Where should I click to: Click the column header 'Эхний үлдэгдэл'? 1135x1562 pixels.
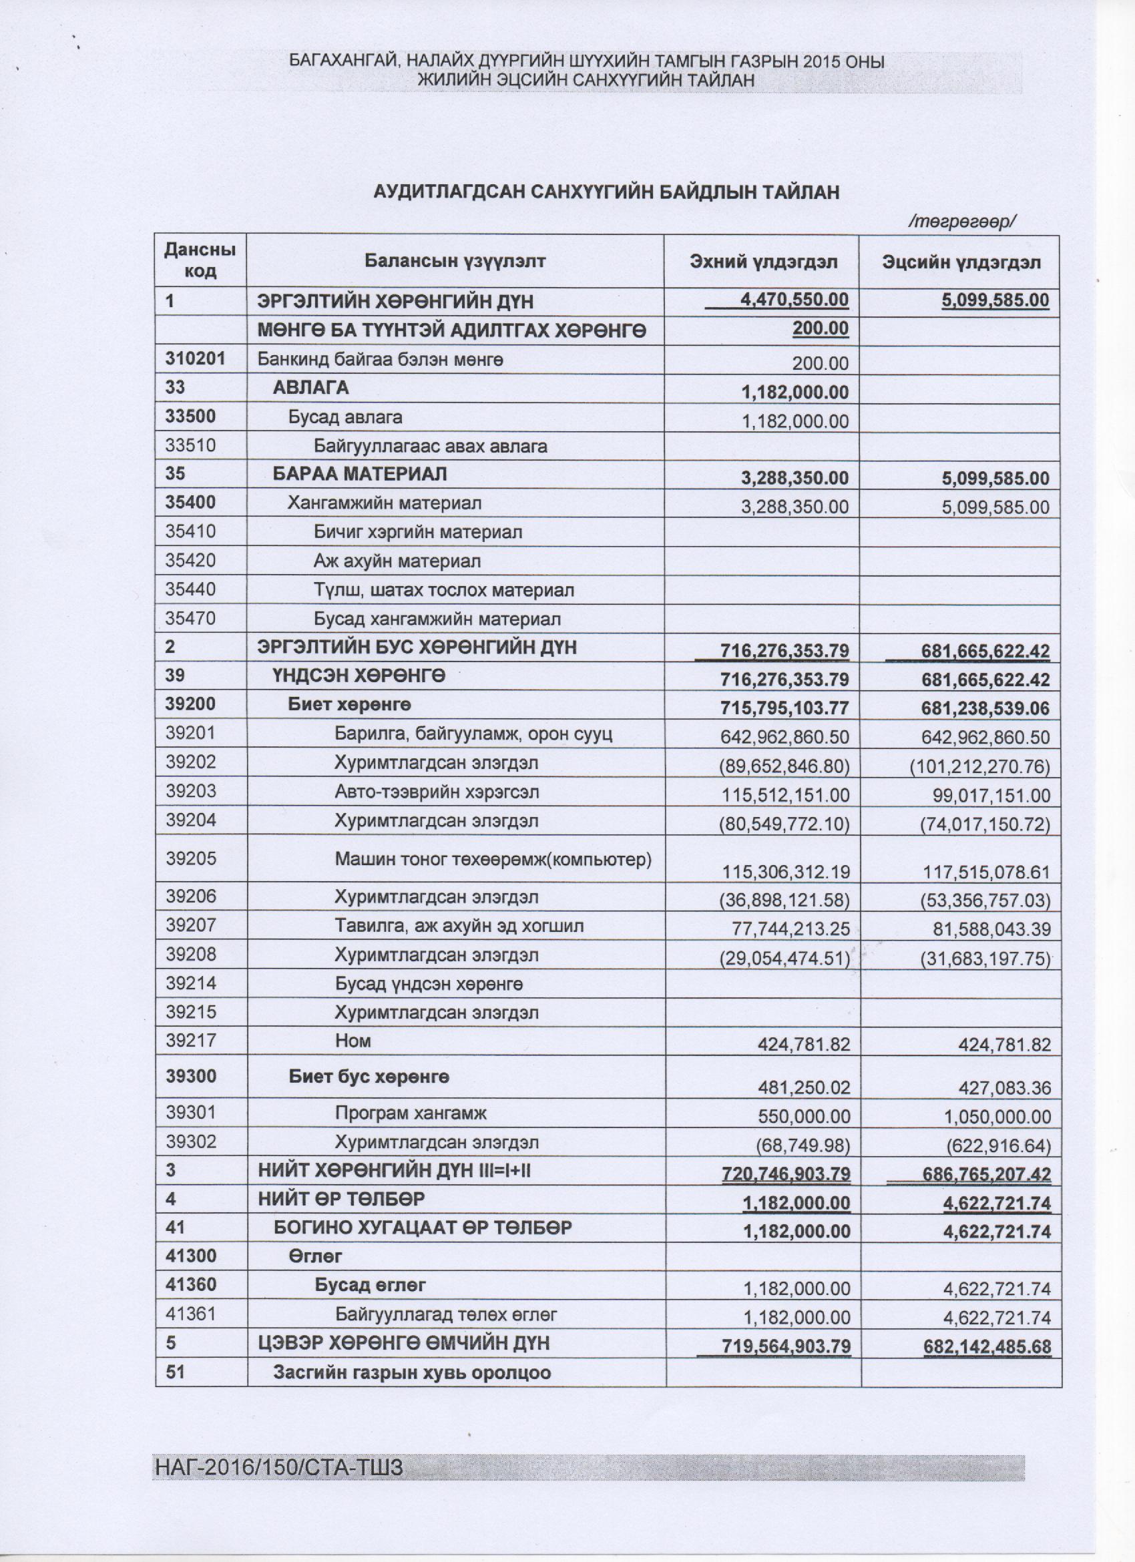764,262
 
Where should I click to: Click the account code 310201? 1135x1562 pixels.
196,359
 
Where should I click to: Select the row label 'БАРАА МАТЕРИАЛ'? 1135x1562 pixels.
359,474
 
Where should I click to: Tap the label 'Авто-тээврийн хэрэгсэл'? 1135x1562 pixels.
437,792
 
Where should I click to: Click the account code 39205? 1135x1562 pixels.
191,858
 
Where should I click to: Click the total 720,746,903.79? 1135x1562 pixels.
786,1174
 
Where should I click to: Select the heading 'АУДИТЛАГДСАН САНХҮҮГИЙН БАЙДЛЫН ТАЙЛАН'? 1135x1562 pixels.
606,192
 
